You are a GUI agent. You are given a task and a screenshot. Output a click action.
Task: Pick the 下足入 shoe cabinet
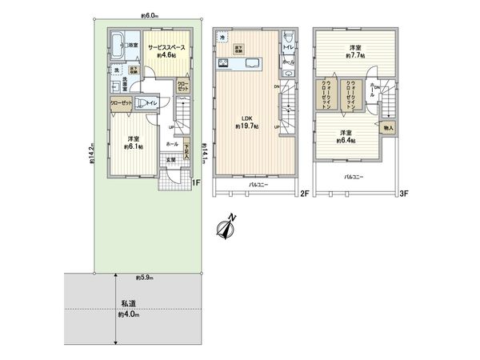pos(186,150)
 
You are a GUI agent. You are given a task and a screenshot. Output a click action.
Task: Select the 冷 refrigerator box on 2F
pos(225,37)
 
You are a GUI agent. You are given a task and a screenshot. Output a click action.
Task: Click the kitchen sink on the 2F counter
pos(247,64)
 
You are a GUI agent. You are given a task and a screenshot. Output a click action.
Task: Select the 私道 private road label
pos(129,304)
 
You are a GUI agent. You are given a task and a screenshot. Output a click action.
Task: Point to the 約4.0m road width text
pos(128,316)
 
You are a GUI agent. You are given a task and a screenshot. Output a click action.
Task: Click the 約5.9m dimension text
pos(146,278)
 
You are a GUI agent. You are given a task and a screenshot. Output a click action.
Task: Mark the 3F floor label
pos(405,192)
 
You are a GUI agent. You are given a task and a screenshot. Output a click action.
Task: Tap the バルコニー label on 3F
pos(355,176)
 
